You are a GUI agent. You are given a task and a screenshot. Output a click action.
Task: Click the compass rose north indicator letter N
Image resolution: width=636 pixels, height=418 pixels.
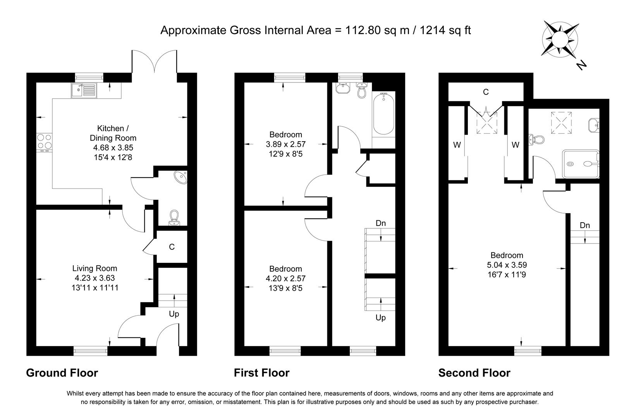581,66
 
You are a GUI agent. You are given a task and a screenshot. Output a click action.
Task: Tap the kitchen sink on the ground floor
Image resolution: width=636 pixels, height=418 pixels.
83,91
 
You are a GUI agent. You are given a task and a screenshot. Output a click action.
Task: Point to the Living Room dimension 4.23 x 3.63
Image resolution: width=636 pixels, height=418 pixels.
95,278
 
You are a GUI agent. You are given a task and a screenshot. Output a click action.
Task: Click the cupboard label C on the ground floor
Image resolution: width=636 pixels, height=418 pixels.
172,247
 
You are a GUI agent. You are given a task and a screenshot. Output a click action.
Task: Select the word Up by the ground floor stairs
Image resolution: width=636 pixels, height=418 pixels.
174,314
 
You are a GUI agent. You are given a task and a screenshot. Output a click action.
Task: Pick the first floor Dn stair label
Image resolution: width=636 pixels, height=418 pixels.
381,223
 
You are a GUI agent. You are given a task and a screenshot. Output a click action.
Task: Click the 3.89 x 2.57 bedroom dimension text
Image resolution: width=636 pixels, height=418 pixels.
285,144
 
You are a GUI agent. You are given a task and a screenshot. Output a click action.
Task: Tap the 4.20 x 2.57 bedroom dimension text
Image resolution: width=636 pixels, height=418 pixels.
285,278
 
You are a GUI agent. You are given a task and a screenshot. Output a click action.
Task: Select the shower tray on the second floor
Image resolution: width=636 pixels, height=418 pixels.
580,164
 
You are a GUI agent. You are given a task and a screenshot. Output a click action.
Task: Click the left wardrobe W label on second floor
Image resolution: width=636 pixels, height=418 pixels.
457,145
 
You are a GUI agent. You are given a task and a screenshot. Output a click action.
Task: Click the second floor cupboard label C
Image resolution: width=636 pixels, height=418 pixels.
486,92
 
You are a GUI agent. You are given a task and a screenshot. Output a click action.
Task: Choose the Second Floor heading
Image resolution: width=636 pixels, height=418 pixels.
474,373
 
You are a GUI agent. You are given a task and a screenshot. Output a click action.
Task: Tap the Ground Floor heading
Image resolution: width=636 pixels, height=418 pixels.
62,373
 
